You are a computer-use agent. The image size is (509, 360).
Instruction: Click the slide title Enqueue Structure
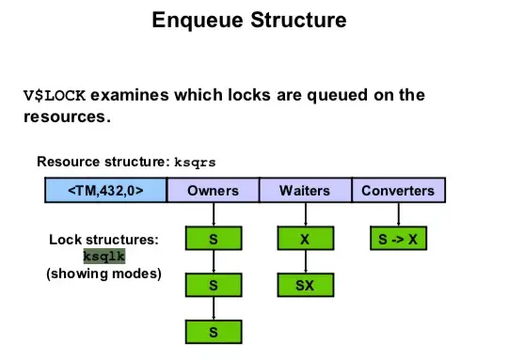tap(248, 19)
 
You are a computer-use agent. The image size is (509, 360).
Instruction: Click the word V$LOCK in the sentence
tap(55, 95)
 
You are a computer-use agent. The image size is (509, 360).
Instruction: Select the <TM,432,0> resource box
tap(105, 191)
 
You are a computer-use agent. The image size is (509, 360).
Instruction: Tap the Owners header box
tap(213, 191)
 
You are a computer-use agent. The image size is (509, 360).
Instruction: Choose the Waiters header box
tap(304, 191)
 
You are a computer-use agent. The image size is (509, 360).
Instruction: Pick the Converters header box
tap(397, 191)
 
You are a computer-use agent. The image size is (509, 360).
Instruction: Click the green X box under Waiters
tap(304, 239)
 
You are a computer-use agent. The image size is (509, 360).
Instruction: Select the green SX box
tap(304, 284)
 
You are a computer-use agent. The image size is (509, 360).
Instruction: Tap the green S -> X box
tap(397, 239)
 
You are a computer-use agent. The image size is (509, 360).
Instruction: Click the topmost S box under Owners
tap(213, 239)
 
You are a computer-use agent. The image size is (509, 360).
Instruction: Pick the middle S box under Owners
tap(213, 284)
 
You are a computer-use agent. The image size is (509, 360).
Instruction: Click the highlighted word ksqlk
tap(104, 256)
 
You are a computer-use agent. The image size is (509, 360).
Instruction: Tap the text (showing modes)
tap(103, 274)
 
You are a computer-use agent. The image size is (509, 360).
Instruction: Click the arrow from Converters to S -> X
tap(397, 215)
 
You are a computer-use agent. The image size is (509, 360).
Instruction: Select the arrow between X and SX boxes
tap(304, 261)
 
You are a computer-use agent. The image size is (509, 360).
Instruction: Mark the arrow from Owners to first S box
tap(213, 215)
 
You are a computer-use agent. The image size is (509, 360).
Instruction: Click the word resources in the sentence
tap(66, 117)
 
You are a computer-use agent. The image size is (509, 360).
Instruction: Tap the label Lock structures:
tap(103, 240)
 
